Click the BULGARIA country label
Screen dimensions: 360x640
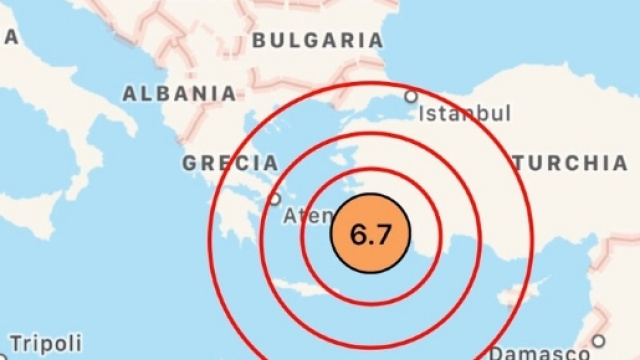(318, 41)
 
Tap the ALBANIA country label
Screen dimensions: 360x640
(179, 94)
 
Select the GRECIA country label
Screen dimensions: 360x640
(230, 162)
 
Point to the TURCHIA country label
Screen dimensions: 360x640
(569, 163)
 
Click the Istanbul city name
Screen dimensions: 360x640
(465, 113)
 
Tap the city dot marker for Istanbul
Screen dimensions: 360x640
(410, 97)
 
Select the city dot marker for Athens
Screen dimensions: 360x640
(275, 199)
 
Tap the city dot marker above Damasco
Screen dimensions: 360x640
(598, 340)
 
